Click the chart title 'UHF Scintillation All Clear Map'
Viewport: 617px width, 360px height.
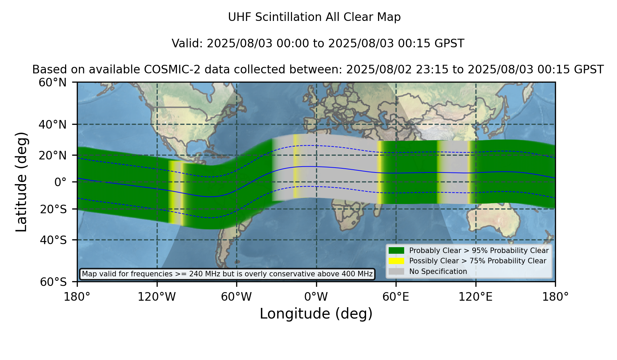pos(314,17)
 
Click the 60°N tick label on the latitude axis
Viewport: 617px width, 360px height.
pos(53,82)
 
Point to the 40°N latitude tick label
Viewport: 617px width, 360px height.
pos(53,124)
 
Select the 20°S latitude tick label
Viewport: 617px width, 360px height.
pos(53,209)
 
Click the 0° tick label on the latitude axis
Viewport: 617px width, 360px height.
pos(61,182)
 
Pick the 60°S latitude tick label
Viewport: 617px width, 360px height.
pos(53,282)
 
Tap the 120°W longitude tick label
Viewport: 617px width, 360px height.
pos(157,297)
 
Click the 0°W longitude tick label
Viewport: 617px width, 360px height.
pos(316,297)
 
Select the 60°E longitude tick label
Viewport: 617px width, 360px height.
pos(396,297)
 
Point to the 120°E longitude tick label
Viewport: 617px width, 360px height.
pos(476,297)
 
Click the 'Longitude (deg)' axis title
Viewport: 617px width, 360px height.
pos(316,314)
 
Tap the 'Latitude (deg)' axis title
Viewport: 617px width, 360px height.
pos(21,182)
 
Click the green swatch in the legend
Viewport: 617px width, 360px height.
pos(397,251)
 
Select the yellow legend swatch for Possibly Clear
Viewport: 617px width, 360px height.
pos(397,261)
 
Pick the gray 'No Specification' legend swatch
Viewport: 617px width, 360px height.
pos(397,272)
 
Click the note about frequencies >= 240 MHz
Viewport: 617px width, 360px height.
pos(227,274)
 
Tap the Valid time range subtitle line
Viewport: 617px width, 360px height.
pos(318,44)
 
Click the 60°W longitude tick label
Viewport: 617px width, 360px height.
pos(237,297)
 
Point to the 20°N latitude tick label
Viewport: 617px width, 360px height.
pos(53,155)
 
